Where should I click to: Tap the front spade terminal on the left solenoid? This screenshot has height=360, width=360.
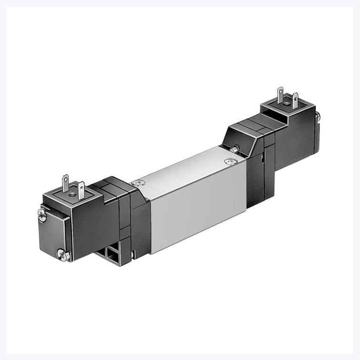81,190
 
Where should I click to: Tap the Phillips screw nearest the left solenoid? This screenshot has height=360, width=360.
138,182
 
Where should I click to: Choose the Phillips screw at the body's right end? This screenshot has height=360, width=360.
233,149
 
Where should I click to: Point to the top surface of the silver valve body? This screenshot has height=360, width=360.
190,167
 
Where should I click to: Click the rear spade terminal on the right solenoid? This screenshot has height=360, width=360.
280,93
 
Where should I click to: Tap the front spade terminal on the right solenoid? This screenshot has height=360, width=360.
295,100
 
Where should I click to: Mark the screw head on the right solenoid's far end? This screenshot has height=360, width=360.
318,116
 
